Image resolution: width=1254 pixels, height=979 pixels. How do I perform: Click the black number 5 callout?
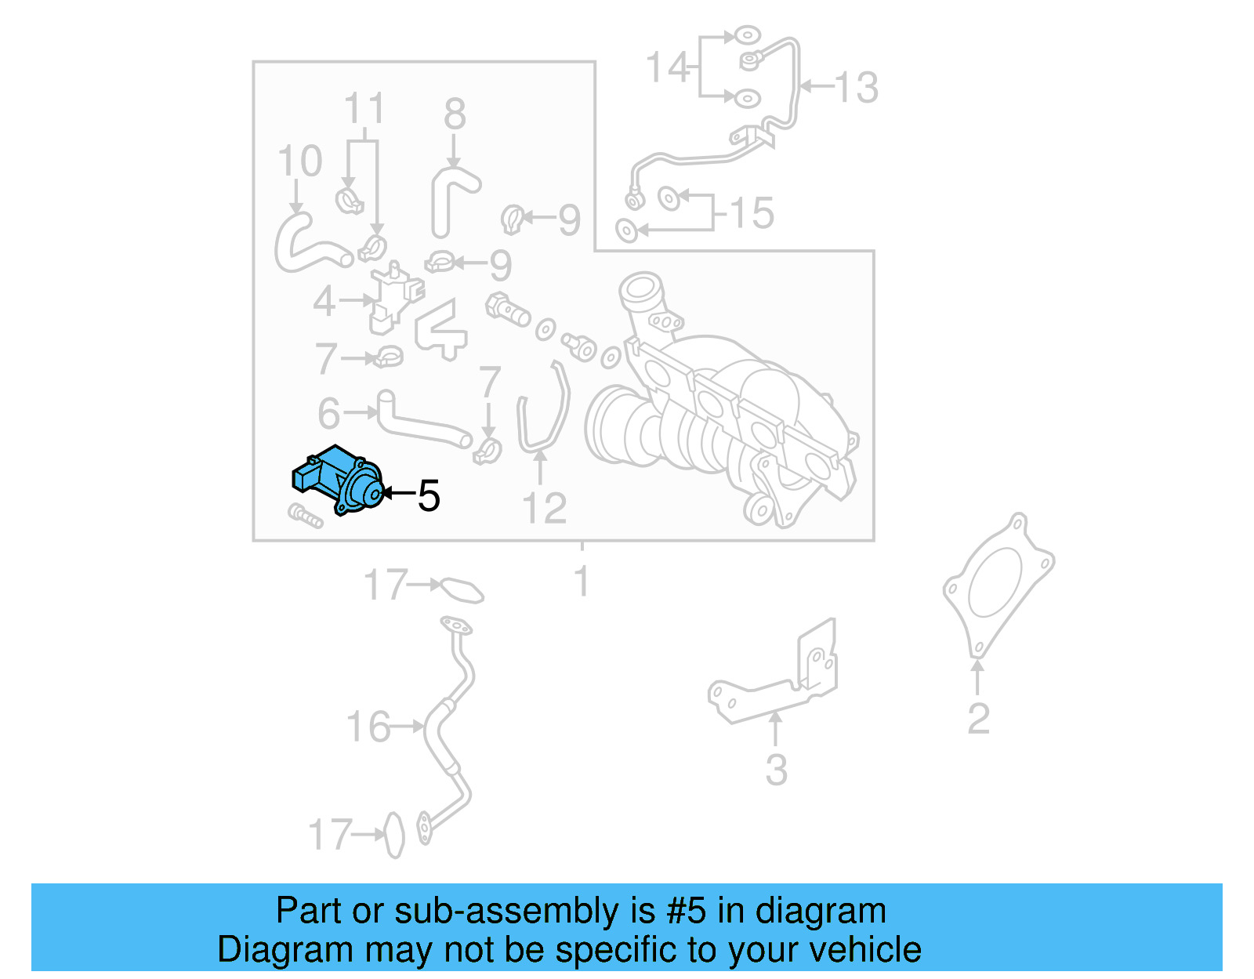coord(428,495)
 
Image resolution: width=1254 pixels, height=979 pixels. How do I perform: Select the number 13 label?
coord(856,87)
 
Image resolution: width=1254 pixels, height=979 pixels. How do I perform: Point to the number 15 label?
coord(752,213)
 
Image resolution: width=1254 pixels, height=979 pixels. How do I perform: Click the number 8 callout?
coord(455,114)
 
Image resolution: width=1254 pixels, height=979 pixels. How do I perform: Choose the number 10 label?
coord(299,161)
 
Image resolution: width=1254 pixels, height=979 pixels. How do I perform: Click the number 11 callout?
coord(364,109)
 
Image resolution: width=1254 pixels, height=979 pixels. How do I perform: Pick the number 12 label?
coord(544,509)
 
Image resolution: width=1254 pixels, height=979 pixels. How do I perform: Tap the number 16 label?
coord(368,727)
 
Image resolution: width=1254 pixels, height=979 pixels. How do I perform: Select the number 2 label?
coord(978,719)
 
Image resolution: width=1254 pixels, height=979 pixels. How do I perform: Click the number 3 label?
coord(776,770)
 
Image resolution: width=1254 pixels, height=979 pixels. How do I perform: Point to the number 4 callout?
coord(324,301)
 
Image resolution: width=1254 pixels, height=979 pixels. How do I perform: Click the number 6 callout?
coord(329,413)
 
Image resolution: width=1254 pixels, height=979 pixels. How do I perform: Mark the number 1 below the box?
coord(581,582)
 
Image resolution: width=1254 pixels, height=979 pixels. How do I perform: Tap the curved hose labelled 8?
coord(450,196)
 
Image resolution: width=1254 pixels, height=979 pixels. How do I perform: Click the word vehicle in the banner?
coord(865,950)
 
